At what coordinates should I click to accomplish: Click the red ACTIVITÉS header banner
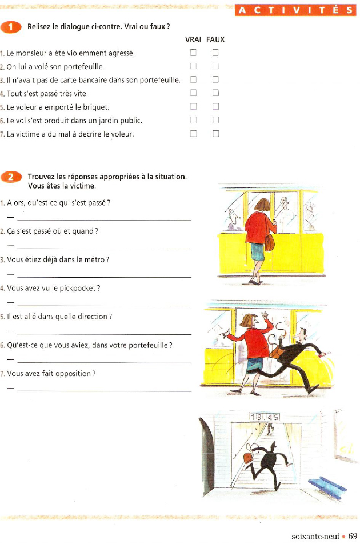pyautogui.click(x=295, y=10)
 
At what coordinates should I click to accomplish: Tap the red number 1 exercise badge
pyautogui.click(x=11, y=27)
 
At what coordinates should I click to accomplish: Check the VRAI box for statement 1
pyautogui.click(x=193, y=53)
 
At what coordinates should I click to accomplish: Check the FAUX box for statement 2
pyautogui.click(x=215, y=66)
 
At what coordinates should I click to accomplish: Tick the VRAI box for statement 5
pyautogui.click(x=193, y=107)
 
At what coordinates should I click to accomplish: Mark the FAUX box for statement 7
pyautogui.click(x=215, y=134)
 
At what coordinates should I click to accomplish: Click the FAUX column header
pyautogui.click(x=215, y=39)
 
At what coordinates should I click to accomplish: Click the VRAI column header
pyautogui.click(x=194, y=39)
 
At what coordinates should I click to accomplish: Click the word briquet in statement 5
pyautogui.click(x=95, y=107)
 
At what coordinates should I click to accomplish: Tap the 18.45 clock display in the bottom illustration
pyautogui.click(x=265, y=418)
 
